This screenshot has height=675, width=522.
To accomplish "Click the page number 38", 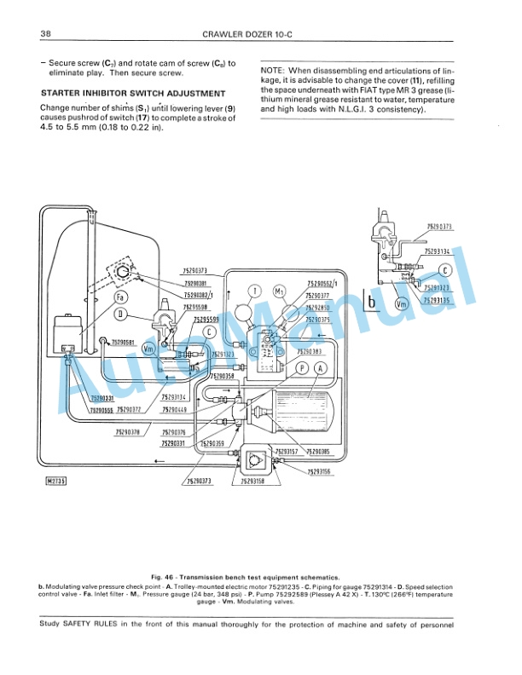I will click(x=47, y=34).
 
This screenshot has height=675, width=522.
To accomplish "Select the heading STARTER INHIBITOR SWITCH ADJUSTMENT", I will click(x=133, y=94).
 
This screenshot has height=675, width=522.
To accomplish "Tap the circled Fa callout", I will click(x=121, y=297).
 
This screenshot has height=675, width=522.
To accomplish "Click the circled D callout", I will click(x=122, y=314).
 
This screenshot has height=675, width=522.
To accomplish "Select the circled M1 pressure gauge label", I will click(x=279, y=291).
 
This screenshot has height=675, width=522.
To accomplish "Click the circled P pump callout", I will click(x=302, y=367).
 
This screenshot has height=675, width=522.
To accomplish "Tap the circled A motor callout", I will click(x=321, y=367).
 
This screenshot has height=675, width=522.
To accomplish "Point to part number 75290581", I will click(x=125, y=343).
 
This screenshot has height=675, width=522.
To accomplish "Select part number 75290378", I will click(x=127, y=432).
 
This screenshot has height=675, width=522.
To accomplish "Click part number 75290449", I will click(x=174, y=409).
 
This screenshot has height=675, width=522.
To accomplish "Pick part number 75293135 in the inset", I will click(x=436, y=300).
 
